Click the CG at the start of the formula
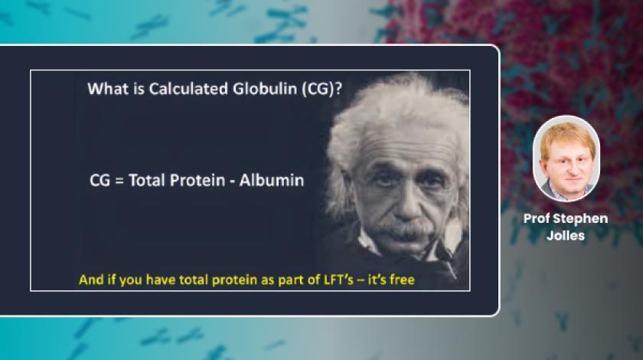pos(100,181)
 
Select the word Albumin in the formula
pos(272,181)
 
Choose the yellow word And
pos(90,280)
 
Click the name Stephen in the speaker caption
pos(581,219)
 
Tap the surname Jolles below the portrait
pos(566,236)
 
